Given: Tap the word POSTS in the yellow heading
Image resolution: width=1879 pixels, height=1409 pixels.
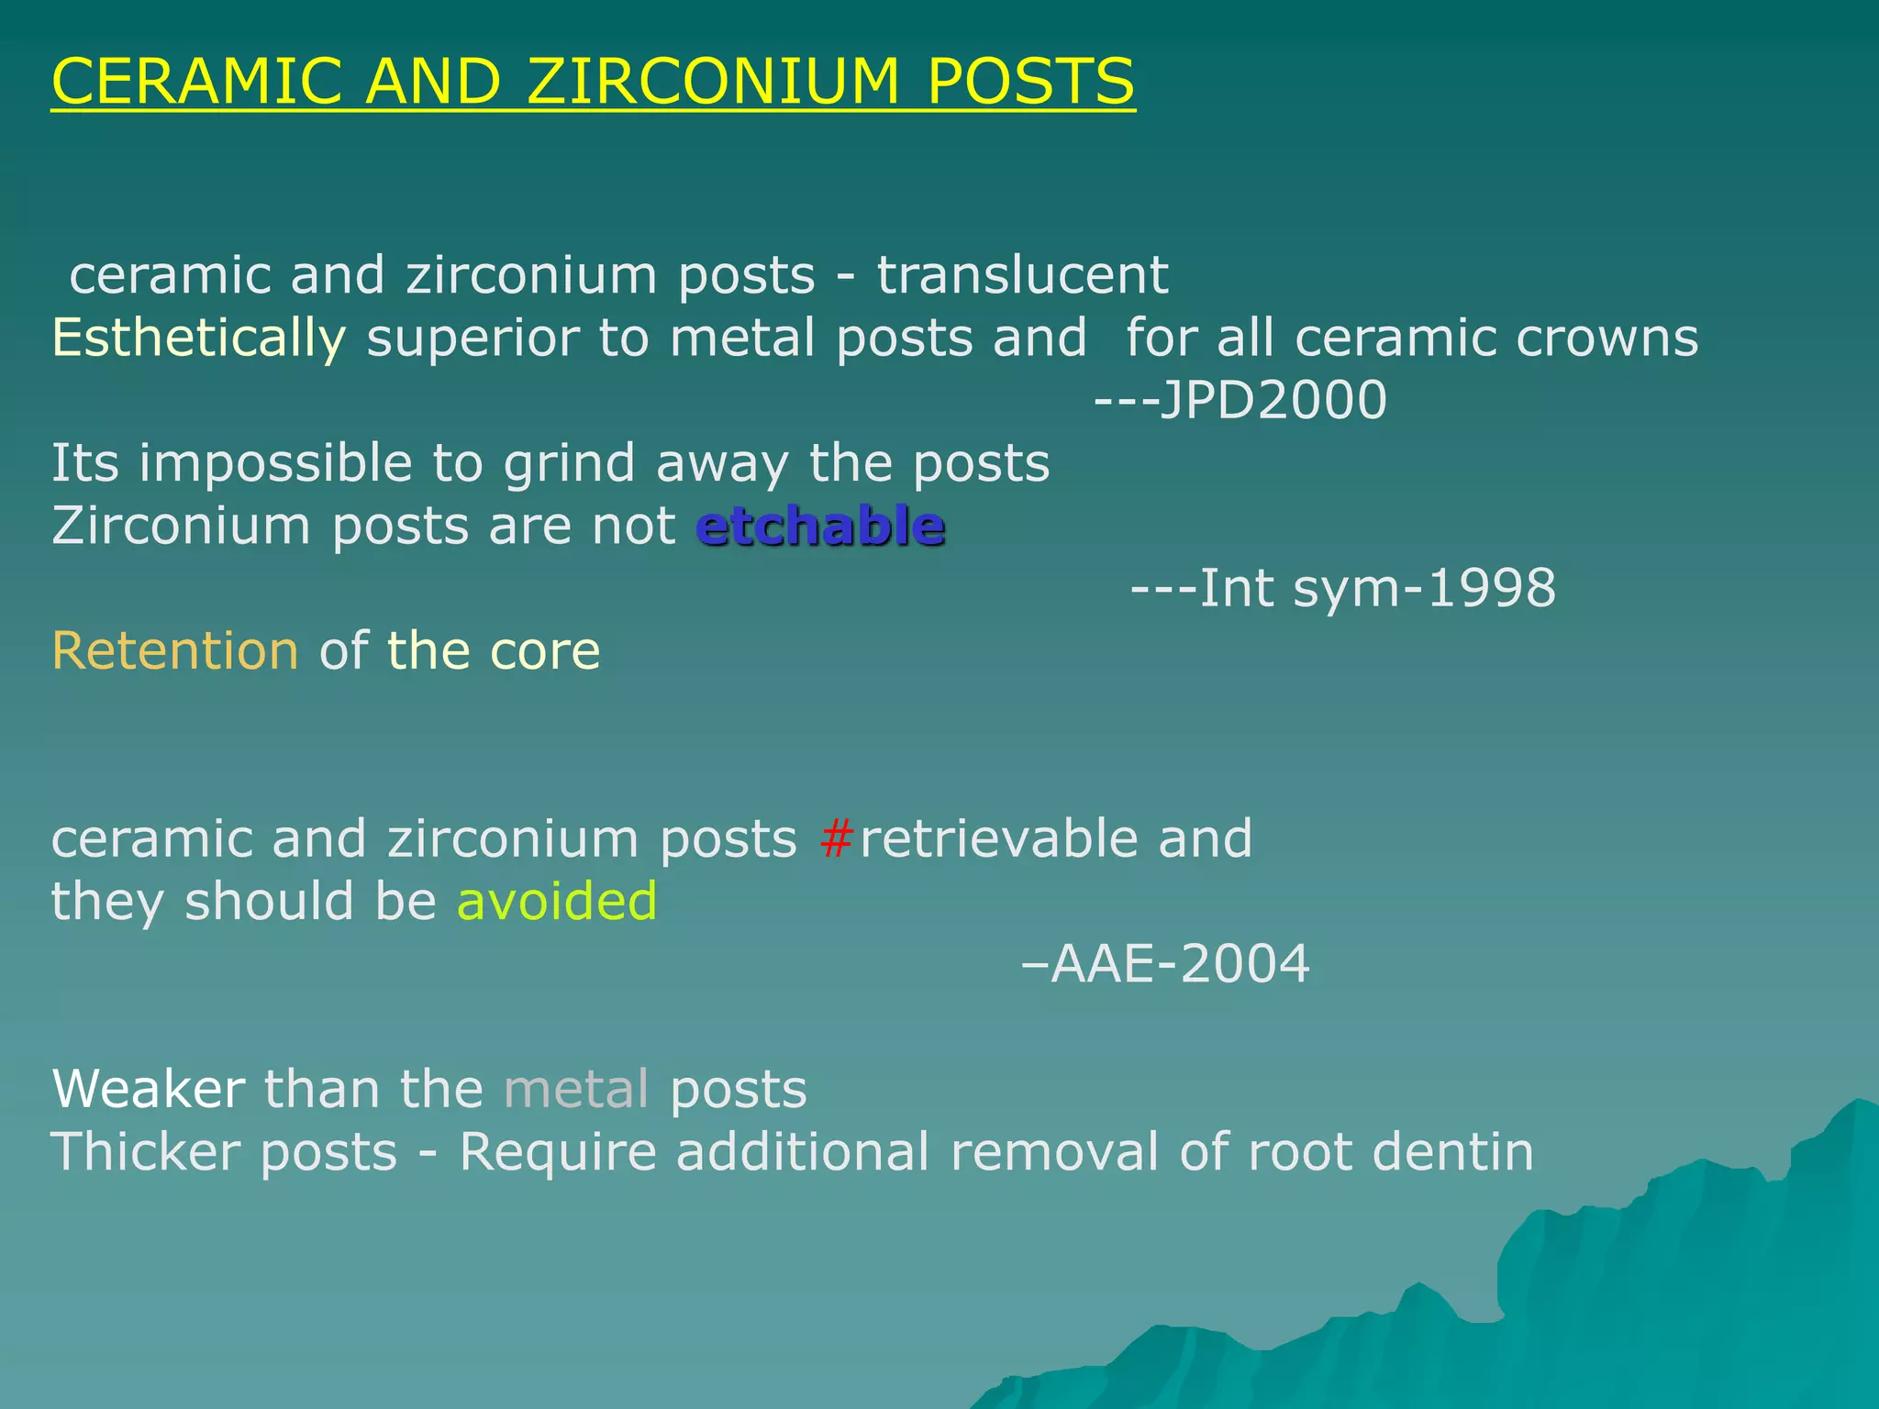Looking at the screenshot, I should pyautogui.click(x=1030, y=82).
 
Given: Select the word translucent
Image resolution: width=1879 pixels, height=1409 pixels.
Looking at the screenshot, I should pyautogui.click(x=1022, y=275).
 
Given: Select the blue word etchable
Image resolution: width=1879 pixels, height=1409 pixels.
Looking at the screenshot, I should pyautogui.click(x=820, y=527).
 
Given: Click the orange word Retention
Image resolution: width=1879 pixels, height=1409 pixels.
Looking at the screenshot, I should pyautogui.click(x=175, y=651).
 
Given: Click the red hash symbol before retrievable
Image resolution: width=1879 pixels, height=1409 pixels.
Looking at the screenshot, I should pyautogui.click(x=837, y=838).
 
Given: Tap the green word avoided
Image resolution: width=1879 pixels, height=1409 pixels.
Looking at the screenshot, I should pyautogui.click(x=557, y=902).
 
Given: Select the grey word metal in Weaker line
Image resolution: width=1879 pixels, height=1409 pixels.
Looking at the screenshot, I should pyautogui.click(x=576, y=1090).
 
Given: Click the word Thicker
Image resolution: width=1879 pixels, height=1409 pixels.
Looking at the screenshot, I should pyautogui.click(x=146, y=1152).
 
